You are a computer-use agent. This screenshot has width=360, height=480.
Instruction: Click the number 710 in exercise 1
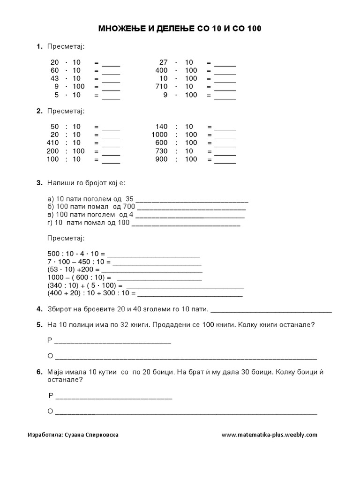click(x=162, y=86)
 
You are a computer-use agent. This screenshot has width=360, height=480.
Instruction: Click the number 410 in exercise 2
click(x=52, y=142)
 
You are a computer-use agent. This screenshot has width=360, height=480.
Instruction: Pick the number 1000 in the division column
click(x=159, y=135)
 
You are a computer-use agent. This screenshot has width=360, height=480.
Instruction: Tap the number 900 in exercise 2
click(x=162, y=159)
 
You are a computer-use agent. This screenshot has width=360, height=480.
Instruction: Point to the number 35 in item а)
click(x=130, y=198)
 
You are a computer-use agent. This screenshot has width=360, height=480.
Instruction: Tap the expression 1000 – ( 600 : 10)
click(x=75, y=277)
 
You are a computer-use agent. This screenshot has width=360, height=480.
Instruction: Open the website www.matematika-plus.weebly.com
click(x=269, y=435)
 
